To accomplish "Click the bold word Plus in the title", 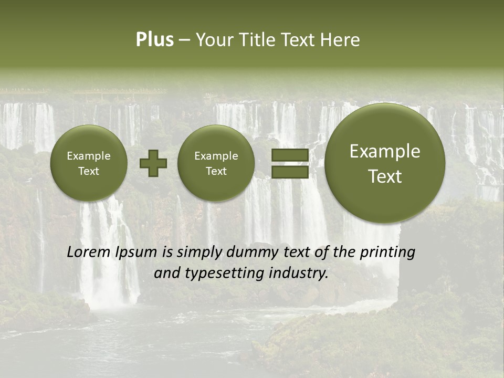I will point(154,40).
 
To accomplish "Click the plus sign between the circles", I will point(153,163).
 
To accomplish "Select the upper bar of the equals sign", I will point(290,155).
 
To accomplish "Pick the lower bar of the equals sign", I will point(290,172).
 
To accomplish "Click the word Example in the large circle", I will point(385,151).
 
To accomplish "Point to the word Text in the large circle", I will point(385,176).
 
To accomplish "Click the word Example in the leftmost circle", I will point(89,156).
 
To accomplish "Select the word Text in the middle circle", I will point(216,171).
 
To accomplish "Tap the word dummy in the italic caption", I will point(247,252).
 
